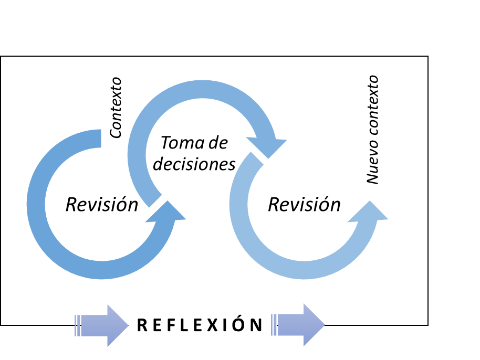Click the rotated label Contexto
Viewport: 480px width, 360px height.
116,108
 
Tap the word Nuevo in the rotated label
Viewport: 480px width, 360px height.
372,163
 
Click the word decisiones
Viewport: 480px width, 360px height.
194,164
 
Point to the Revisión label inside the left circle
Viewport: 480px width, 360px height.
101,205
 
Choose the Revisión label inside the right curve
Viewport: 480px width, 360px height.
304,204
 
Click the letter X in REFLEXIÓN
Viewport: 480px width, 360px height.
212,325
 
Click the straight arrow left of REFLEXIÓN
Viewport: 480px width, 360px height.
102,325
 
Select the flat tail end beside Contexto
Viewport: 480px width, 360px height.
95,139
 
